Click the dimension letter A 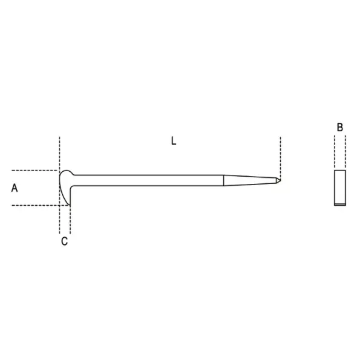[x=15, y=188]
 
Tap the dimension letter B [x=340, y=127]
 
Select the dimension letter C [x=64, y=241]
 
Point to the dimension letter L [x=174, y=141]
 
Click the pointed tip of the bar [x=280, y=180]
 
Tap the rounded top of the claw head [x=67, y=171]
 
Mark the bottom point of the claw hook [x=70, y=205]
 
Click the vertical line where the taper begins [x=224, y=180]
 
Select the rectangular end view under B [x=340, y=188]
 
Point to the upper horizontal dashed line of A [x=34, y=171]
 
